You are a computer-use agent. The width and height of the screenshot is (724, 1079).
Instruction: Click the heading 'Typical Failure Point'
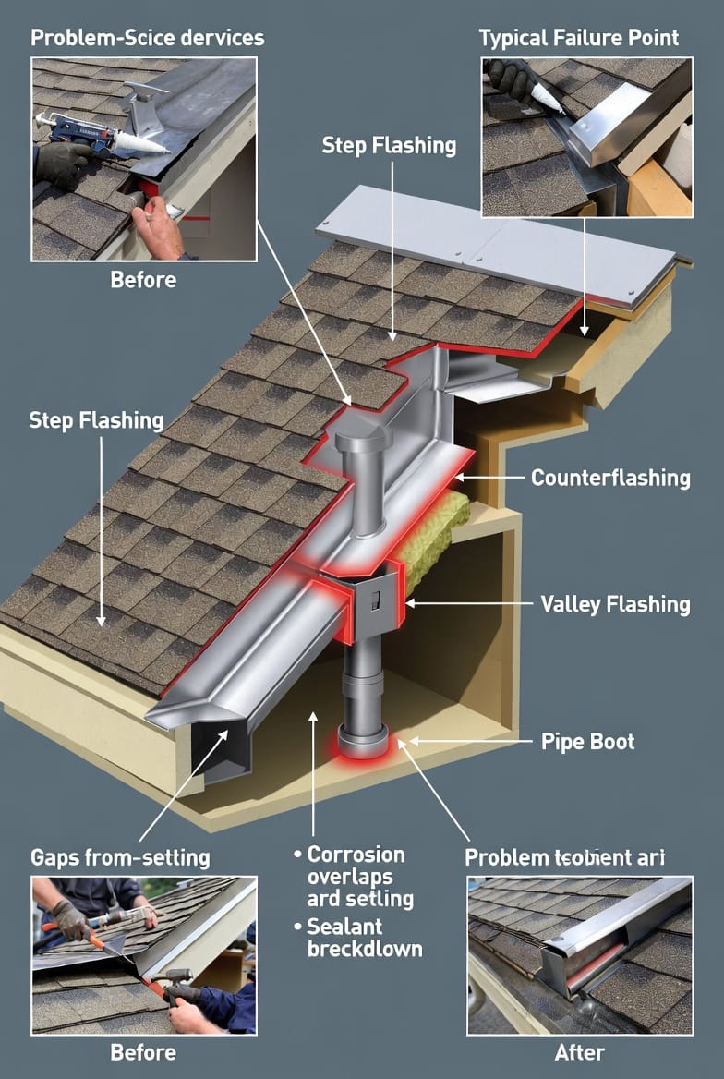pos(578,38)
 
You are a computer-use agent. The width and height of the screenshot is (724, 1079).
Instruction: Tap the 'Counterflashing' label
pos(610,478)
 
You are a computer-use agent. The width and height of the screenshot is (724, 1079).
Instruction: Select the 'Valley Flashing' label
pos(614,605)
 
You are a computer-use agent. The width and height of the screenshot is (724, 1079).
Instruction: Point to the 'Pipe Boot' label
pos(587,742)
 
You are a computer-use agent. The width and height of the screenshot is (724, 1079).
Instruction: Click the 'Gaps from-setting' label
pos(120,857)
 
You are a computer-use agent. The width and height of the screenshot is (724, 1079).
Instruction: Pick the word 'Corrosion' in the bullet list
pos(356,855)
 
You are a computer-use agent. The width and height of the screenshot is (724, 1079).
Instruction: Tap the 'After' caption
pos(580,1052)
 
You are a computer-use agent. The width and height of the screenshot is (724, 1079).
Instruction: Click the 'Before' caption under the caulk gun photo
pos(143,278)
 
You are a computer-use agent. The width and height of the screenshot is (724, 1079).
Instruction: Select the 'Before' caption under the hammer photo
pos(143,1052)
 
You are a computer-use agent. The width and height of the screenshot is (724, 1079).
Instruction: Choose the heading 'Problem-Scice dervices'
pos(147,38)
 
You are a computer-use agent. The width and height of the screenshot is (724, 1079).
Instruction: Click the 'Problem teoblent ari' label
pos(565,857)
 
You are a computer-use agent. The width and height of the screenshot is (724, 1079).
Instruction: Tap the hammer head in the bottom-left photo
pos(175,976)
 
